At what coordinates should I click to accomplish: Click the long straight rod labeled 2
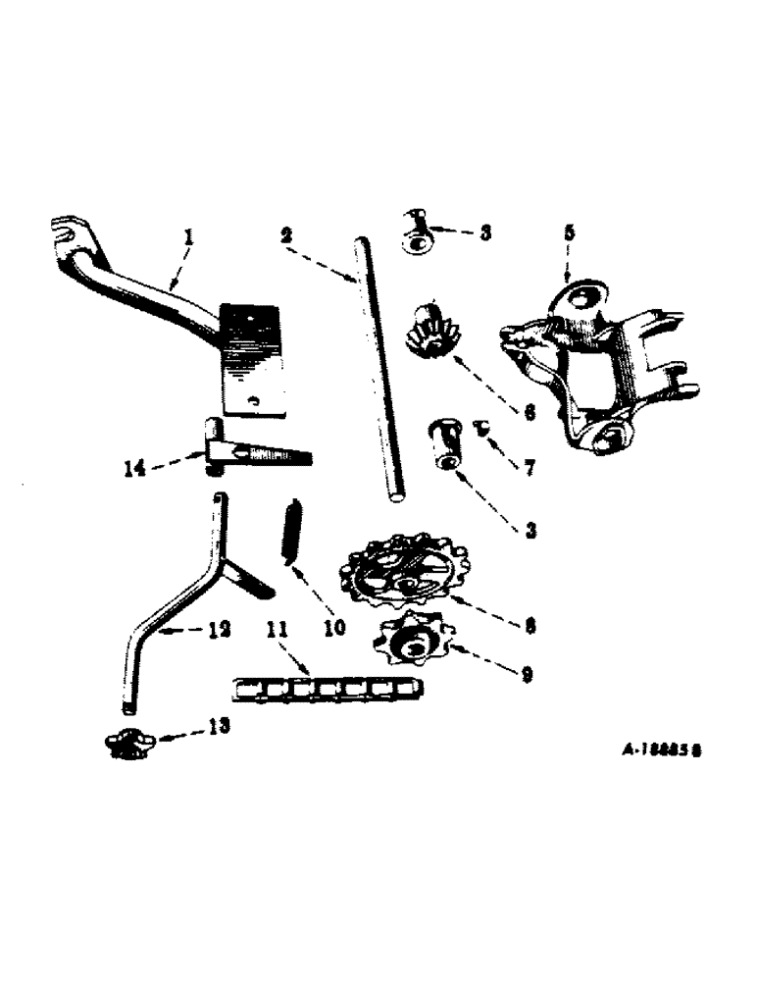(378, 373)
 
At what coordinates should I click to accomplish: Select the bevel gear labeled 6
(428, 333)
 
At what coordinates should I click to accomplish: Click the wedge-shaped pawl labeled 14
(257, 453)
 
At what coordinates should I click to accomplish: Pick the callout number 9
(527, 675)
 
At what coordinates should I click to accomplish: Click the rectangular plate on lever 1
(253, 358)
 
